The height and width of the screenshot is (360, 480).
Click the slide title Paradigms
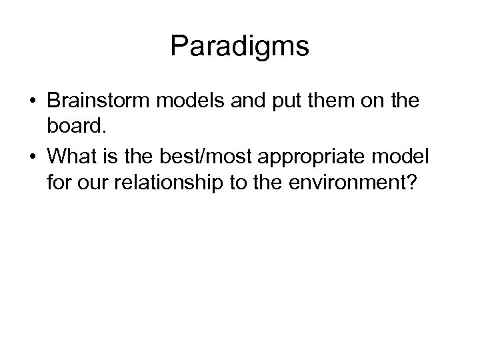click(x=239, y=47)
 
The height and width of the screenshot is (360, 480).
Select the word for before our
click(x=59, y=183)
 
